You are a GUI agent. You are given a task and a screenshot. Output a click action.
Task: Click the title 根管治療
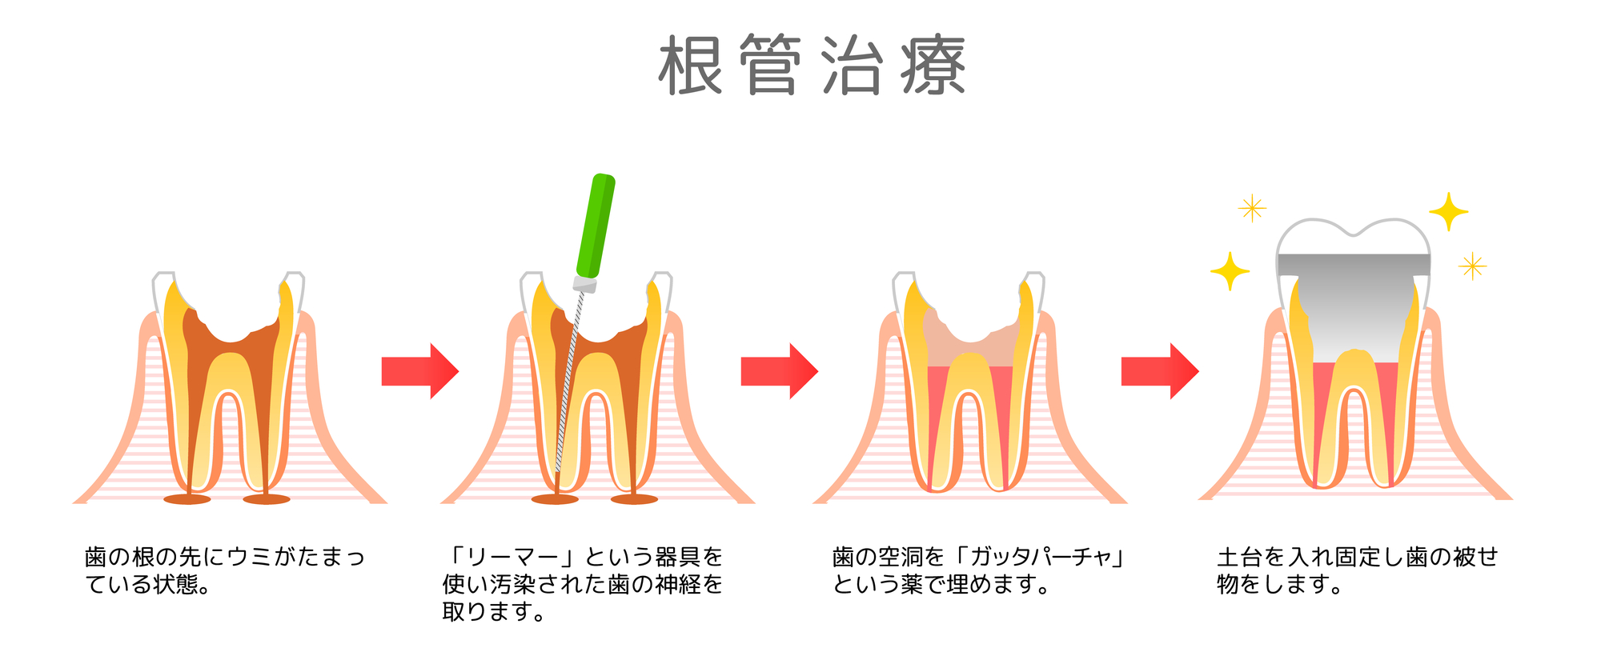[812, 66]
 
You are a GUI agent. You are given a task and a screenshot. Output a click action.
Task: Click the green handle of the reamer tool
[596, 226]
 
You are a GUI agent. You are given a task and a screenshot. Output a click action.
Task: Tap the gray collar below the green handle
[585, 283]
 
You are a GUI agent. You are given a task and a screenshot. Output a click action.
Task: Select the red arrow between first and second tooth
[419, 370]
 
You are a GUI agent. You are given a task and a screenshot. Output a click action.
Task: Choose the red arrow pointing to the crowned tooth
[1159, 370]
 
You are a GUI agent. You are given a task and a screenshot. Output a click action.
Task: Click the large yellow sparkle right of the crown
[1448, 212]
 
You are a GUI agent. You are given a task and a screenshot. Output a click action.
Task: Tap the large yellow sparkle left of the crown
[1230, 271]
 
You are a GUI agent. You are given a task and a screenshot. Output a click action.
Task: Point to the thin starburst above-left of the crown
[1252, 209]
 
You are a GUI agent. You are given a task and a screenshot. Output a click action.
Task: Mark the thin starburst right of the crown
[1472, 266]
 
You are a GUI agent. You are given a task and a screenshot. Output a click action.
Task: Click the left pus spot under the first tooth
[187, 499]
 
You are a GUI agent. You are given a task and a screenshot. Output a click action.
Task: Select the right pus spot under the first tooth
[267, 499]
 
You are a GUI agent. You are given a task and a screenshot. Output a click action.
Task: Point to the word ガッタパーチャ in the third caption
[1041, 557]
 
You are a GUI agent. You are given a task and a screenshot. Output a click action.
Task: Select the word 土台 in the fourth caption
[1240, 557]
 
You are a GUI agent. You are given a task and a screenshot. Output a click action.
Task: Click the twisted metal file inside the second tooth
[568, 384]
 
